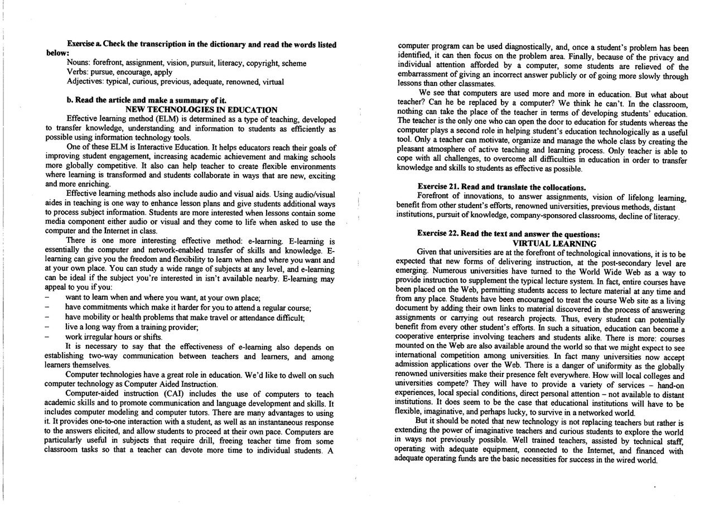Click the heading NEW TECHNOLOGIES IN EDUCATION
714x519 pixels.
click(201, 110)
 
